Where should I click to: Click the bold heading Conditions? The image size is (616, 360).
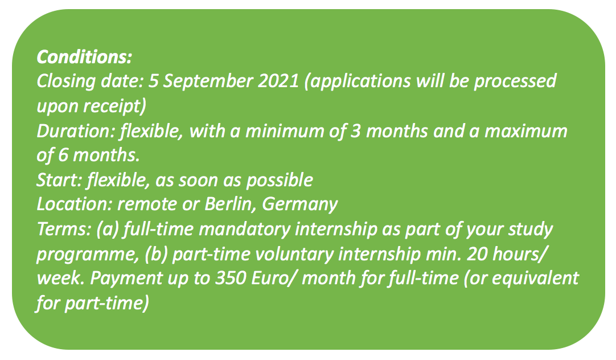pyautogui.click(x=84, y=57)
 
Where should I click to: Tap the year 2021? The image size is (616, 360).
pyautogui.click(x=278, y=81)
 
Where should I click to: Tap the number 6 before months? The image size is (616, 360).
pyautogui.click(x=63, y=156)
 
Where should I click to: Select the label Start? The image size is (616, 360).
pyautogui.click(x=60, y=181)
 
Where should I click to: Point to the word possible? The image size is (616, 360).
pyautogui.click(x=280, y=181)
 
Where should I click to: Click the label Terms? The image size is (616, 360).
pyautogui.click(x=64, y=230)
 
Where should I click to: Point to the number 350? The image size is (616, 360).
pyautogui.click(x=231, y=278)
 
